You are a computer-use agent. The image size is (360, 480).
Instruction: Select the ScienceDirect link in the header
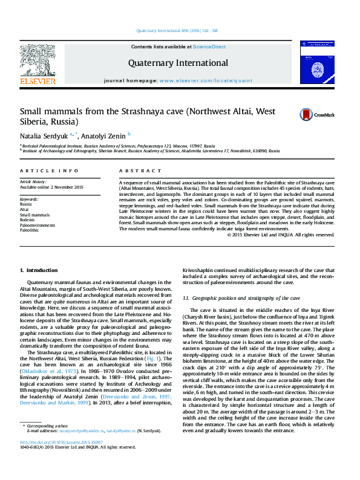[209, 47]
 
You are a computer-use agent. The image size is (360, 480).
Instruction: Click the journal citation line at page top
[180, 30]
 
